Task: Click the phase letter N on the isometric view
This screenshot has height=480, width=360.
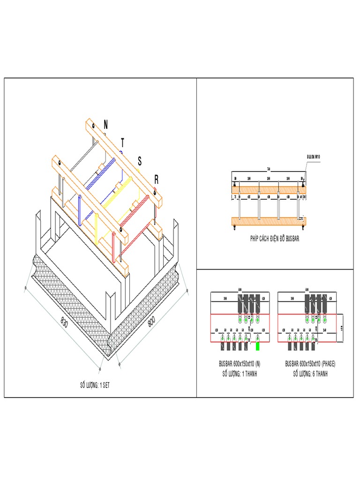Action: [105, 124]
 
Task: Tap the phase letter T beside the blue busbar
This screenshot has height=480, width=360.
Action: [123, 142]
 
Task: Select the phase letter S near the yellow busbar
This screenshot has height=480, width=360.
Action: [139, 161]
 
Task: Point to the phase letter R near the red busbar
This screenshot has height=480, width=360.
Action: [156, 180]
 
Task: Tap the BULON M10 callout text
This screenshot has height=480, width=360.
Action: [313, 157]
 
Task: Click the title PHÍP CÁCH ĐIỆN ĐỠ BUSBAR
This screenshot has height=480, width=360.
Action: [274, 239]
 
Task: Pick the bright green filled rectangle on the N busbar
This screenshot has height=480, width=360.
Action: [257, 346]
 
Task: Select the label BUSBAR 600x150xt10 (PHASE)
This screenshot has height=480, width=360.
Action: [311, 364]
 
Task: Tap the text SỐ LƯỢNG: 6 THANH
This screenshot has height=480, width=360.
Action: [311, 374]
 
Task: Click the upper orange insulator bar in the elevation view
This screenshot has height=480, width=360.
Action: [269, 187]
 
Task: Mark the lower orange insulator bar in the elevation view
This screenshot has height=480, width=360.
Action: [269, 221]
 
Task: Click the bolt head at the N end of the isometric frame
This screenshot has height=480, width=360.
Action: [94, 126]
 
